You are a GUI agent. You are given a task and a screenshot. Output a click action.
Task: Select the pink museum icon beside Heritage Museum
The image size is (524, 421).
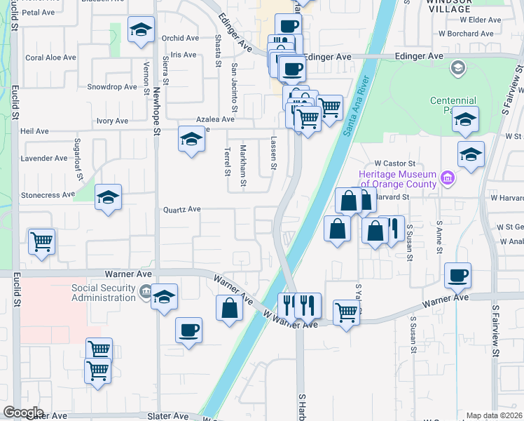click(448, 180)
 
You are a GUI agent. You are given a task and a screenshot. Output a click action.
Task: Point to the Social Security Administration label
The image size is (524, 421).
click(103, 293)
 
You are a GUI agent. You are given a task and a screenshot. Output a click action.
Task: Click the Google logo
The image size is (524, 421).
click(23, 413)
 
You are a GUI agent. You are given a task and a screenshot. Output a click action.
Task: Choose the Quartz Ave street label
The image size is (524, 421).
click(182, 209)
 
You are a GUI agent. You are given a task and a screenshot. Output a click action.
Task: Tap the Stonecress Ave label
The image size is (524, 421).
click(48, 194)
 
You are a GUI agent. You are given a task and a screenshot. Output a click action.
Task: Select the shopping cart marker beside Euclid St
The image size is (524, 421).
click(41, 243)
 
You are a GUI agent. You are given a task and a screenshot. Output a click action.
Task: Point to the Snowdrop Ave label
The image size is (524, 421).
click(112, 87)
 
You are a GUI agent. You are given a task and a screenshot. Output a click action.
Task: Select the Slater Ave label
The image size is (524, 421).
click(168, 416)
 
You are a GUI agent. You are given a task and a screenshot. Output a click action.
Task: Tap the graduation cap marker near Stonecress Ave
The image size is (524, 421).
click(108, 199)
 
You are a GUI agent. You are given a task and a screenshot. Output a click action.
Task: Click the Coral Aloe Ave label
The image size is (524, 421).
click(50, 58)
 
